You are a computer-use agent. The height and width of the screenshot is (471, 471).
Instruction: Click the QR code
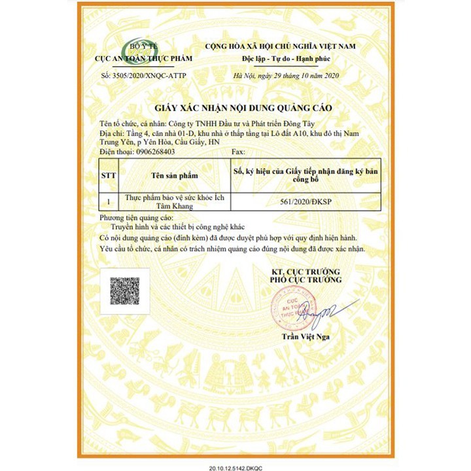click(126, 291)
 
